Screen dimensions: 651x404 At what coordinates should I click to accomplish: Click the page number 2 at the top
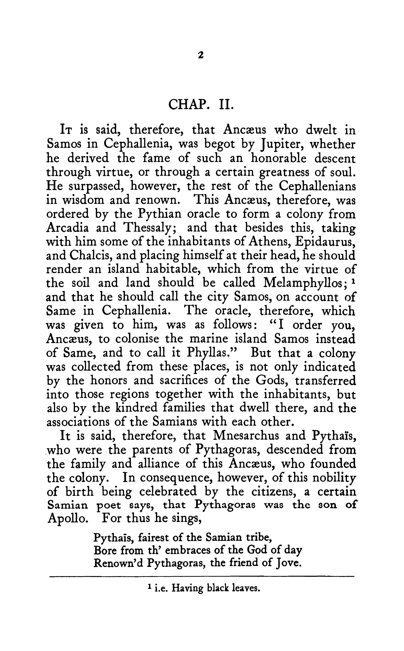point(201,55)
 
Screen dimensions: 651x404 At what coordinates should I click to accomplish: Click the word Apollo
point(68,519)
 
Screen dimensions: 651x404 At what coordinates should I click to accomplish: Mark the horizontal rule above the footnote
point(202,577)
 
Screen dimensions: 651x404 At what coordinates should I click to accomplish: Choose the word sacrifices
point(184,381)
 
